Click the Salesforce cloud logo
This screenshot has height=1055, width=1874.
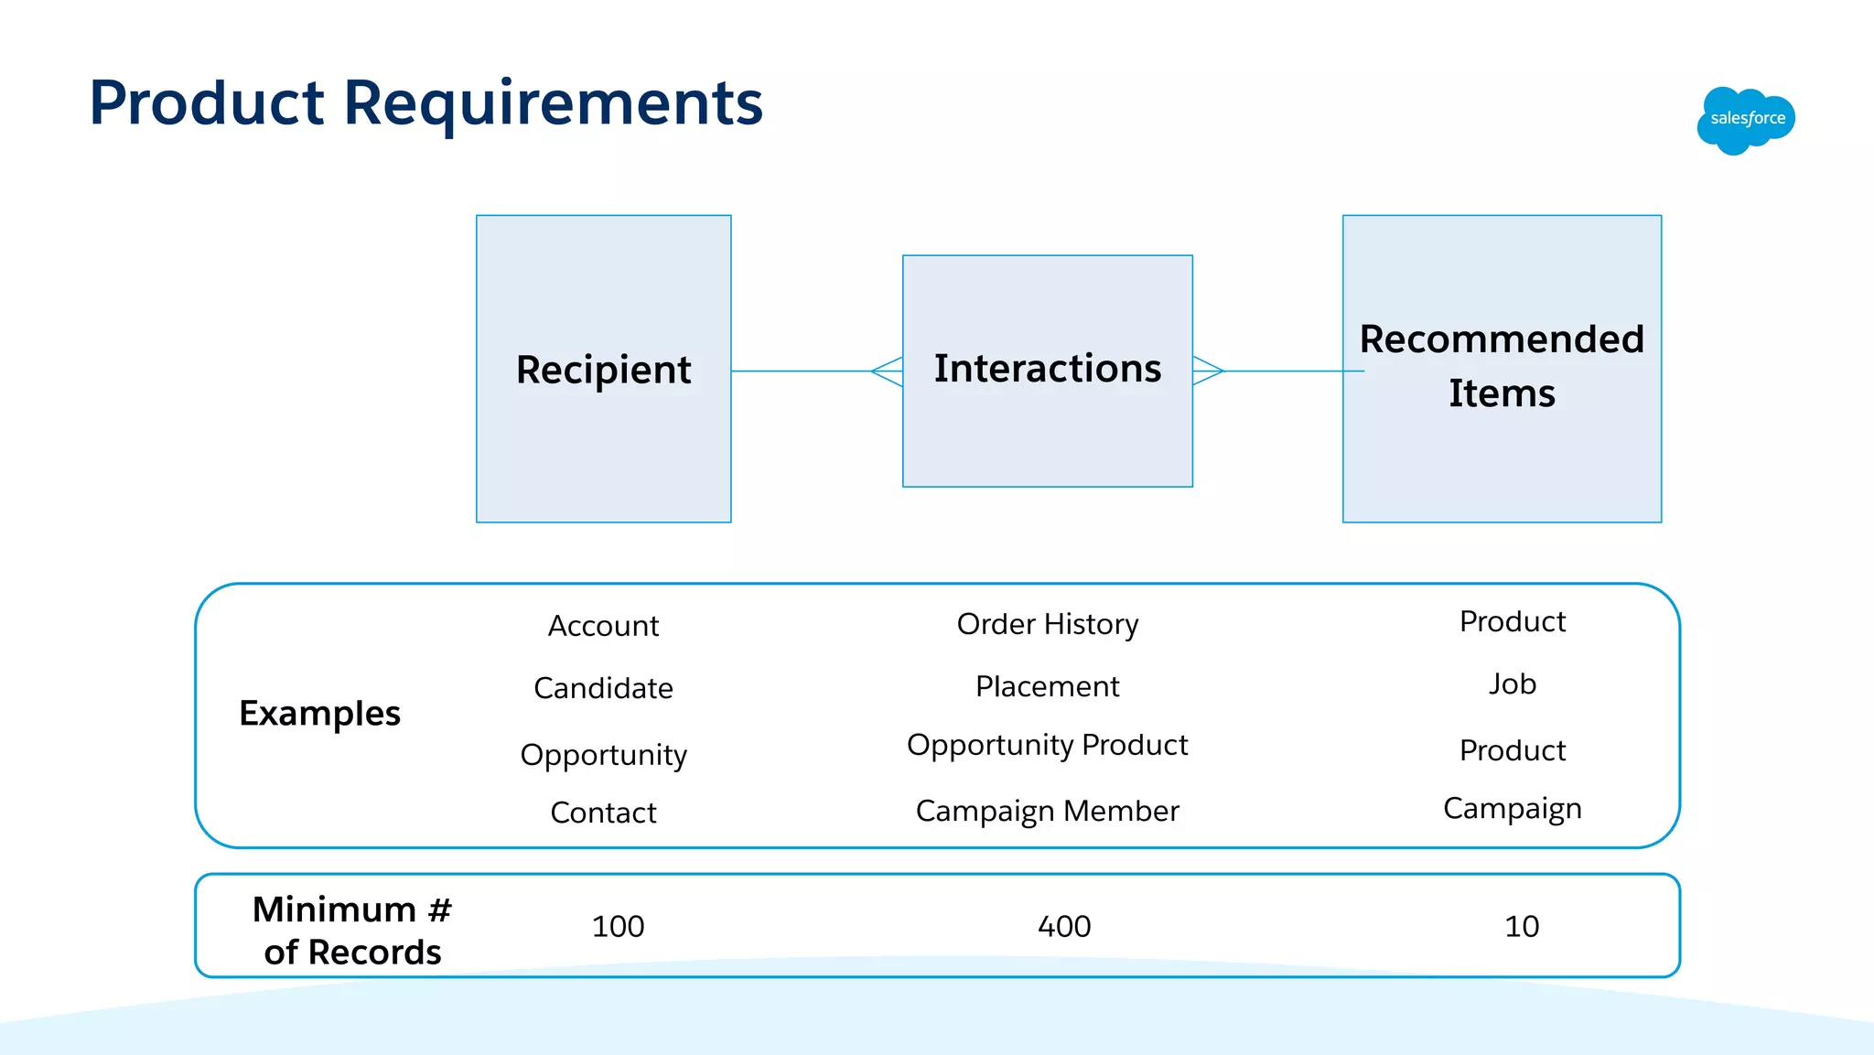pyautogui.click(x=1746, y=120)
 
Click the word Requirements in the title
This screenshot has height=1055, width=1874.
pyautogui.click(x=553, y=102)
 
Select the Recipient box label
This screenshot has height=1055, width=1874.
pyautogui.click(x=603, y=370)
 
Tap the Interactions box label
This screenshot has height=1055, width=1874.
pyautogui.click(x=1047, y=368)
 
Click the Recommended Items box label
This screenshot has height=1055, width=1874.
pyautogui.click(x=1502, y=366)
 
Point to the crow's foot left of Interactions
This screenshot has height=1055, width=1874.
pyautogui.click(x=887, y=371)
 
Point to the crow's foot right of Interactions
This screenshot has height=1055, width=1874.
pyautogui.click(x=1208, y=371)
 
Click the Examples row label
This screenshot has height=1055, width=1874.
pyautogui.click(x=319, y=713)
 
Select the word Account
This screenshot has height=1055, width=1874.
pyautogui.click(x=603, y=626)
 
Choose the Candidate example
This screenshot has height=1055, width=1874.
pyautogui.click(x=603, y=688)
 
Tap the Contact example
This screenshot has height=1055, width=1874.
pyautogui.click(x=603, y=813)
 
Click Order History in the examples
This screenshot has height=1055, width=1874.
pyautogui.click(x=1047, y=624)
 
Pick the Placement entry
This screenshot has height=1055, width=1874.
pyautogui.click(x=1047, y=686)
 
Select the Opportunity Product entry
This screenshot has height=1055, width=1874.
pyautogui.click(x=1047, y=745)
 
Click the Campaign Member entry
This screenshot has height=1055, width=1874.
pyautogui.click(x=1047, y=811)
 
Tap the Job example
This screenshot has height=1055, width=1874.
pyautogui.click(x=1512, y=684)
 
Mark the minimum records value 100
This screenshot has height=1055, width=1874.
pyautogui.click(x=618, y=926)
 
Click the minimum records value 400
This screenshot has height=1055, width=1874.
pyautogui.click(x=1064, y=926)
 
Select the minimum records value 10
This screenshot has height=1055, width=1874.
pyautogui.click(x=1521, y=926)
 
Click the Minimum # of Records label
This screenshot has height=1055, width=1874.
pyautogui.click(x=352, y=931)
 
